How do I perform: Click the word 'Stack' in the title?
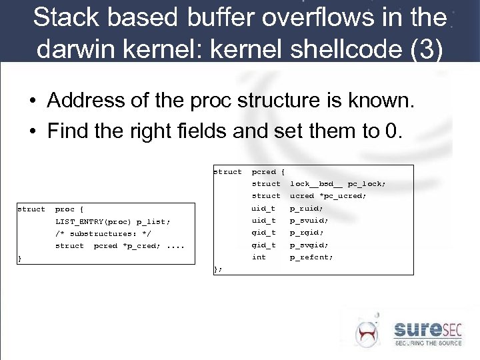pyautogui.click(x=62, y=17)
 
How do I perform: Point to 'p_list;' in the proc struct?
pyautogui.click(x=153, y=222)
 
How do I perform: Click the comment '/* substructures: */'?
pyautogui.click(x=103, y=234)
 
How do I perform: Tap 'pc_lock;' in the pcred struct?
pyautogui.click(x=367, y=183)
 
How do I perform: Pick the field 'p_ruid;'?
pyautogui.click(x=306, y=208)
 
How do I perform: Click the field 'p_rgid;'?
pyautogui.click(x=306, y=233)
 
